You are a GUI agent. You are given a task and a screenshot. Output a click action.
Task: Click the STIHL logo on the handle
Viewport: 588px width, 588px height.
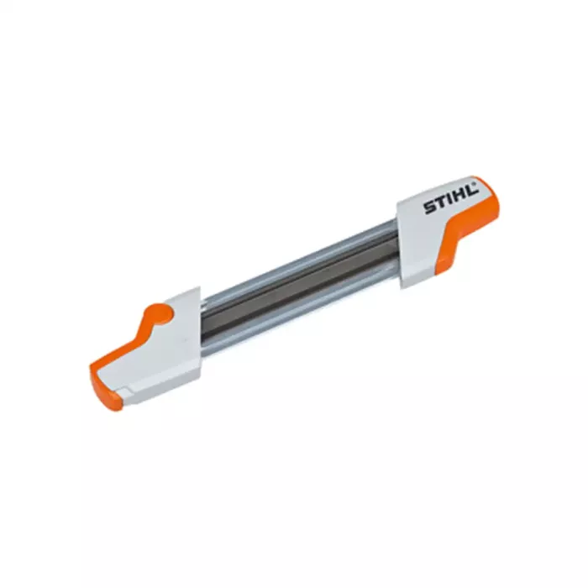pos(450,199)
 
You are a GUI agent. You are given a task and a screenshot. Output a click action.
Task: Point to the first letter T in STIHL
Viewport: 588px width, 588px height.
pos(439,203)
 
